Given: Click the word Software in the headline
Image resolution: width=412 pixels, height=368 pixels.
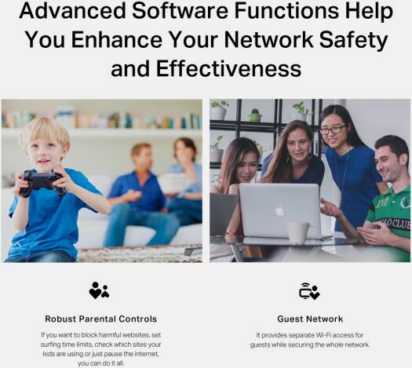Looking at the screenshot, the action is point(180,10).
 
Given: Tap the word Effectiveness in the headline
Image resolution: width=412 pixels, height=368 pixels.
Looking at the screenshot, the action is point(228,68).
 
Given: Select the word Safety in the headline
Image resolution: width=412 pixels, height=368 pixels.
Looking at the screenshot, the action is point(353,41).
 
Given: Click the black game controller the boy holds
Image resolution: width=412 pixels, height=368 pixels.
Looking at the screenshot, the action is point(42,182).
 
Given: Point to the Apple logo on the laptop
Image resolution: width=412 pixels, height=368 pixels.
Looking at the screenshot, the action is point(279,211).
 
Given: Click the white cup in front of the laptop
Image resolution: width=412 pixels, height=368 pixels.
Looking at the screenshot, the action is point(298,233).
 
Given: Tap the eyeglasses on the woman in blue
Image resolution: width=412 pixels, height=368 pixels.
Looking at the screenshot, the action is point(333,129).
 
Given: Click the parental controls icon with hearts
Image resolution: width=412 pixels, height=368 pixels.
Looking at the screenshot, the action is point(99,290).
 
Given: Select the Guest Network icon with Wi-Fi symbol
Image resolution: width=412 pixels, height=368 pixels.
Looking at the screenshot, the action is point(309,291).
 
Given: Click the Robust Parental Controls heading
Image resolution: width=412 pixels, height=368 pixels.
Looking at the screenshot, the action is point(101,319).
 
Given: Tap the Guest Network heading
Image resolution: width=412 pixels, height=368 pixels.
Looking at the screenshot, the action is point(310,319).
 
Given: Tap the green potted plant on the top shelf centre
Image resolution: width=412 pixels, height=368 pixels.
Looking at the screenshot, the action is point(254,115).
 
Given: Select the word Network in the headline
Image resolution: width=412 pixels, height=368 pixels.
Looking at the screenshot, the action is point(269,39).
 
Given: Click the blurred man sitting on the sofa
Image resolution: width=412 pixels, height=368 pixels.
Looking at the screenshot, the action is point(139,195).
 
